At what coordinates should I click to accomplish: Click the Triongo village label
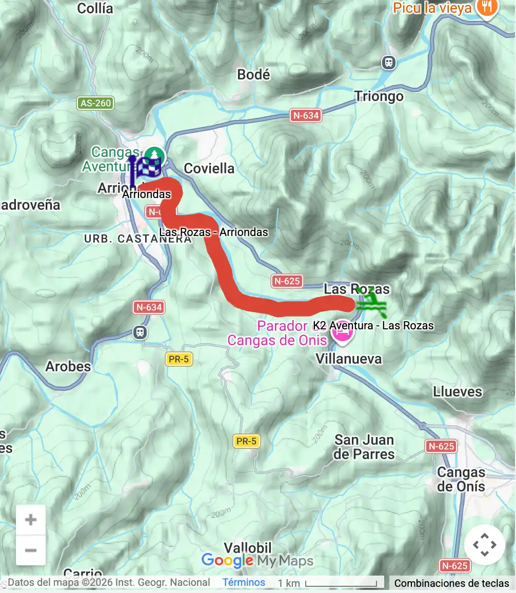pos(379,96)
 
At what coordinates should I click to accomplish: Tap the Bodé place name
pos(253,75)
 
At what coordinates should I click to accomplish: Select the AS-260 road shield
pos(96,103)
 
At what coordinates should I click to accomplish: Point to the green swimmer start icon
pos(371,303)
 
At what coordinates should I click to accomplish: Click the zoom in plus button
pos(31,520)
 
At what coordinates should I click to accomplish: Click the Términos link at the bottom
pos(244,582)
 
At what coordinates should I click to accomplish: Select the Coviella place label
pos(209,169)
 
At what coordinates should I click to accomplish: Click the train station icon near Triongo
pos(389,63)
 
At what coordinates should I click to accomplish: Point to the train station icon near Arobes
pos(140,332)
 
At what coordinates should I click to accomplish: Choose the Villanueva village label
pos(349,359)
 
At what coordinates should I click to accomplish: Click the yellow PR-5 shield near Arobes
pos(178,359)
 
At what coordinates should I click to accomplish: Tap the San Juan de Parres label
pos(364,447)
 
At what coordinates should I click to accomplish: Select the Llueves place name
pos(458,392)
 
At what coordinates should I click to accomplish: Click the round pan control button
pos(484,544)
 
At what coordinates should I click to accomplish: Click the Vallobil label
pos(248,547)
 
